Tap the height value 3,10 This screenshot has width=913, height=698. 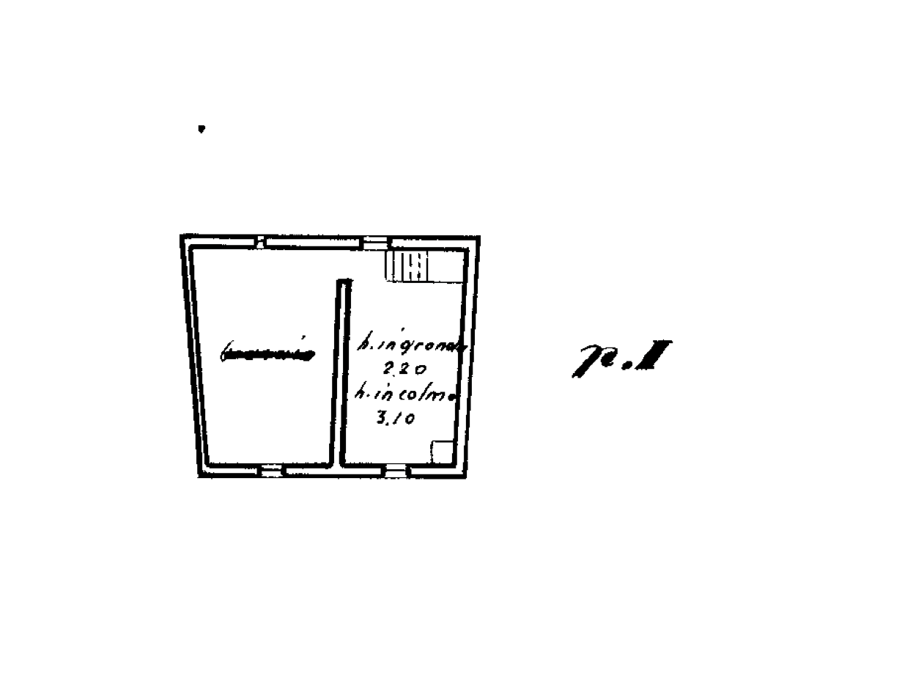pos(396,419)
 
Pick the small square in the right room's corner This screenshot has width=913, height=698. pos(442,451)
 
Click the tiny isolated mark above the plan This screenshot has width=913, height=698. pos(202,129)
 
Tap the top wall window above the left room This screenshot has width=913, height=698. pos(259,243)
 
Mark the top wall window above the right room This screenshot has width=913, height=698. pos(375,241)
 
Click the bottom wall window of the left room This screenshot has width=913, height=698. pos(271,470)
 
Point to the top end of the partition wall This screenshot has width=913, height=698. pos(343,282)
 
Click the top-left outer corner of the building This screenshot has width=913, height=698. pos(180,235)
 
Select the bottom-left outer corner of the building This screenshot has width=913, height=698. pos(199,477)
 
